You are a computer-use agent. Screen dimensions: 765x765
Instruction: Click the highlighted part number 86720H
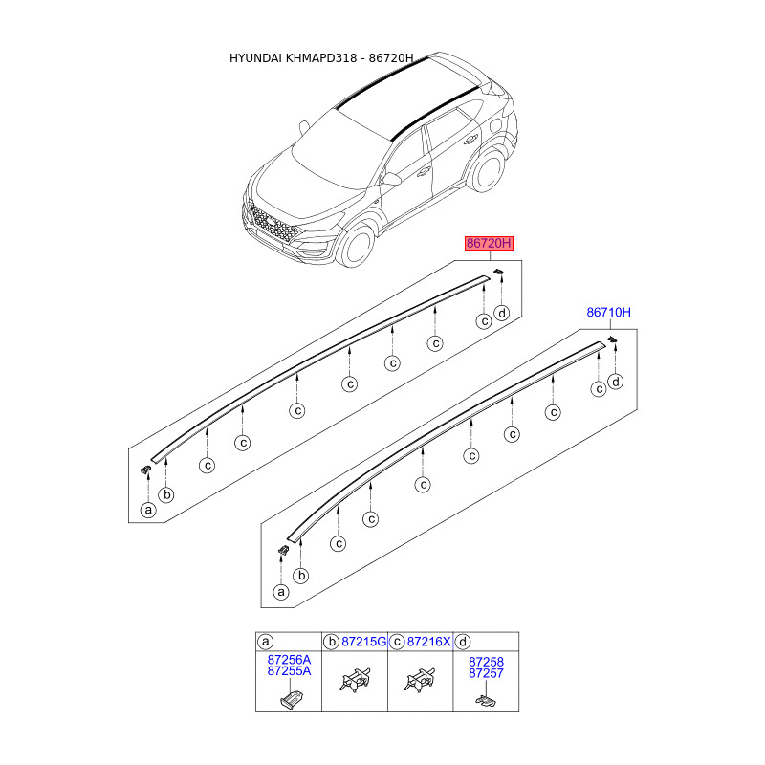[x=489, y=243]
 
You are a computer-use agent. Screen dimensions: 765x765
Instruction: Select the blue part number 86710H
[x=608, y=313]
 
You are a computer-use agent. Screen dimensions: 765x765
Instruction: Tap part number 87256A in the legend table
[x=289, y=660]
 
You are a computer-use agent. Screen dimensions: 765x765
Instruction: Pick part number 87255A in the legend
[x=289, y=671]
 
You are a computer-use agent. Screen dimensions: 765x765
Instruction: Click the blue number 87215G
[x=363, y=642]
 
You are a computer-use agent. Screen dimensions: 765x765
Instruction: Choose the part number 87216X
[x=428, y=642]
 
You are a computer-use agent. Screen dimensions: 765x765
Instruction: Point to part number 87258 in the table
[x=486, y=662]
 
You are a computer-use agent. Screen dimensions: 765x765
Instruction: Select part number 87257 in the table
[x=486, y=673]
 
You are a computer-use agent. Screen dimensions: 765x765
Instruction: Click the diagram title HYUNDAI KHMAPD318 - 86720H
[x=321, y=58]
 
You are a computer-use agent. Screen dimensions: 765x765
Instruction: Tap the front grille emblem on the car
[x=271, y=222]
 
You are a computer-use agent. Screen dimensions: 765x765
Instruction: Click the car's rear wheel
[x=487, y=170]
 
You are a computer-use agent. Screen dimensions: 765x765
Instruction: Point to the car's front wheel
[x=356, y=246]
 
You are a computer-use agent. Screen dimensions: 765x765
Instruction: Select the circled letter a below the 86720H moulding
[x=148, y=511]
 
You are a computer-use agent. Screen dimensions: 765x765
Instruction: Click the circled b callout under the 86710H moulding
[x=301, y=576]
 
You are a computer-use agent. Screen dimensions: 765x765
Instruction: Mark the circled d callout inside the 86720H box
[x=501, y=313]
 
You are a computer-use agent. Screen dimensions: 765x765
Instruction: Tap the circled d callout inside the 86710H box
[x=616, y=382]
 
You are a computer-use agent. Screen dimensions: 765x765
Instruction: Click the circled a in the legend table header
[x=266, y=642]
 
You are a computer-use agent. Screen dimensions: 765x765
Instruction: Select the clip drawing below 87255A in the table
[x=292, y=700]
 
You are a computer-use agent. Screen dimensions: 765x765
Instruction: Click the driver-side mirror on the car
[x=392, y=179]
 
